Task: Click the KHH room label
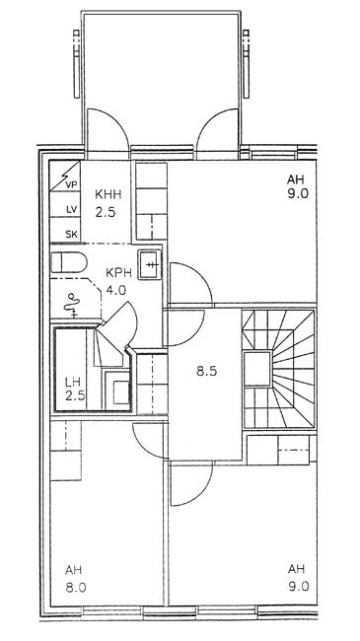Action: point(108,193)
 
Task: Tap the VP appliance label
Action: point(71,184)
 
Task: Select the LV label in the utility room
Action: point(72,210)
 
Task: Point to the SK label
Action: point(72,235)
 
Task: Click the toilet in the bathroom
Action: point(69,262)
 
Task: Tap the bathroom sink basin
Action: point(149,264)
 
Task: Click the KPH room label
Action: point(118,272)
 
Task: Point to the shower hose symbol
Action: point(72,305)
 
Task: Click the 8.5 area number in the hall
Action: point(206,372)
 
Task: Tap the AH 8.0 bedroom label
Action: point(76,579)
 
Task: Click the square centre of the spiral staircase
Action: point(257,369)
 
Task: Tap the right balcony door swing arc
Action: point(209,122)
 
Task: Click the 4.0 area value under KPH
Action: point(115,290)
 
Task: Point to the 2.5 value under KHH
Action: point(106,213)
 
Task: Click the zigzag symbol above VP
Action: point(65,176)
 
